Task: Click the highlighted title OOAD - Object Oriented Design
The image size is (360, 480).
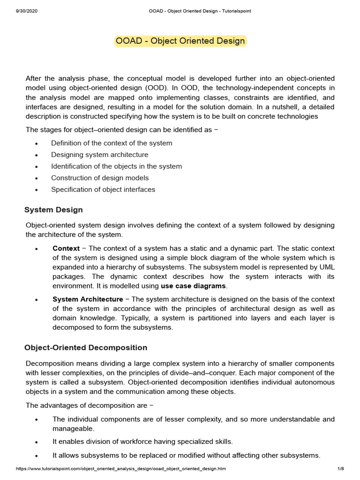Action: click(x=180, y=41)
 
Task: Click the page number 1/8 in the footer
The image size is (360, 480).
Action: click(x=340, y=469)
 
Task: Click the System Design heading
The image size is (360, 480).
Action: click(x=53, y=210)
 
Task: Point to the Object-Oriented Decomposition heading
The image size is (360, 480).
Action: click(x=86, y=347)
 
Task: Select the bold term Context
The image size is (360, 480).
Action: click(x=66, y=248)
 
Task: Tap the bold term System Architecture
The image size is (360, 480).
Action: click(x=88, y=299)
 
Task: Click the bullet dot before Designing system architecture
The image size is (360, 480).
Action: click(x=36, y=155)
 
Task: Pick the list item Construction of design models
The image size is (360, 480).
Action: click(x=100, y=178)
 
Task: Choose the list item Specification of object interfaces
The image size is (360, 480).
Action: click(x=103, y=189)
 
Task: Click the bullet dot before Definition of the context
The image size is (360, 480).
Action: click(x=36, y=143)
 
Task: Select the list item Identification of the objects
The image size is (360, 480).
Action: click(x=116, y=166)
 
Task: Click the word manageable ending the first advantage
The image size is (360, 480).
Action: click(x=73, y=428)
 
